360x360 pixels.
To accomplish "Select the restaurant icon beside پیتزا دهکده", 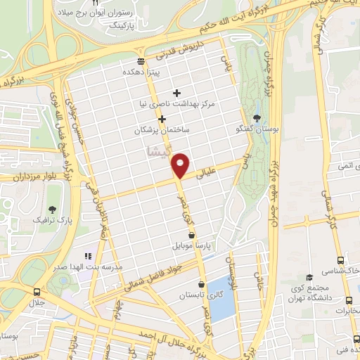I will tap(141, 60).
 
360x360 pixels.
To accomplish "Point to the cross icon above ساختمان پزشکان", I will tap(162, 118).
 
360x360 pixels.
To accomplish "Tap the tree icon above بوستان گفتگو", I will tap(257, 117).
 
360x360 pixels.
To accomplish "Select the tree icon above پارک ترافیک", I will tap(52, 209).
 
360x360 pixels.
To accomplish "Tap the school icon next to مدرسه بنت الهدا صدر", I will tap(89, 256).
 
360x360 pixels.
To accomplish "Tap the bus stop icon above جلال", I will tap(37, 290).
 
